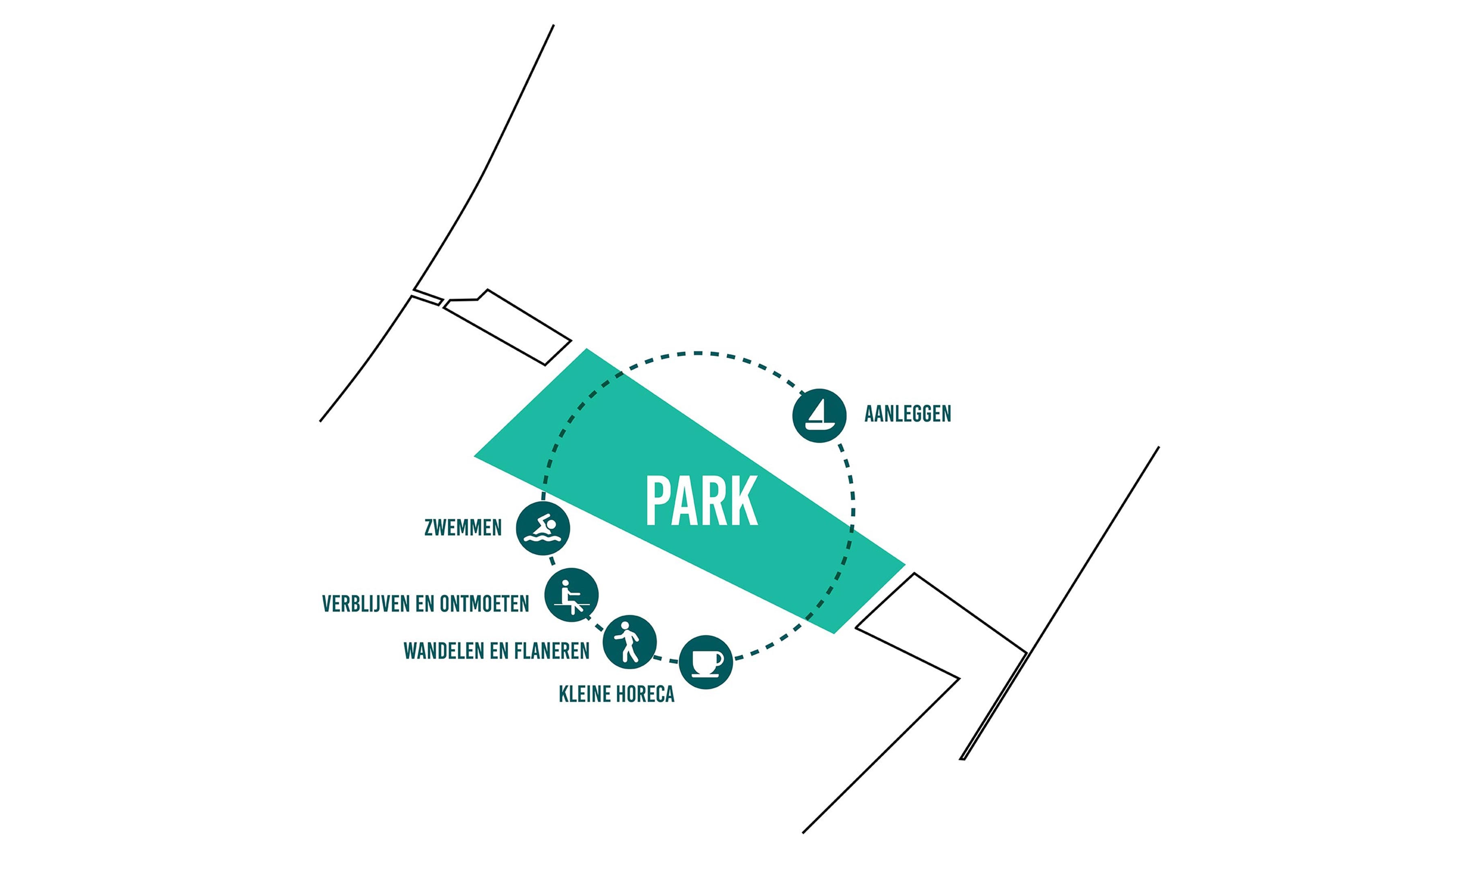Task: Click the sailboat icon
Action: coord(820,415)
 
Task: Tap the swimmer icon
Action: coord(543,528)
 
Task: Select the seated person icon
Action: coord(571,595)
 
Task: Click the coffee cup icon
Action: coord(706,662)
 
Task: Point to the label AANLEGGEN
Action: coord(908,414)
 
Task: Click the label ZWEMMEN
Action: coord(463,527)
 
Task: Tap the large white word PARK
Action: coord(702,501)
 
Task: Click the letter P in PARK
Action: coord(658,501)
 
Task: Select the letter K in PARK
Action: coord(745,501)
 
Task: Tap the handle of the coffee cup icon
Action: coord(719,658)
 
